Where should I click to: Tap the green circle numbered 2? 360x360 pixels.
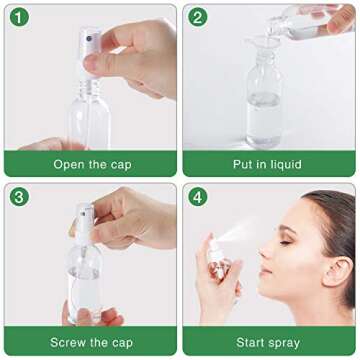click(198, 18)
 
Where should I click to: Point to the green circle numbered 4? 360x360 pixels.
click(198, 197)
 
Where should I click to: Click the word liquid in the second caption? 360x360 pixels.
click(299, 164)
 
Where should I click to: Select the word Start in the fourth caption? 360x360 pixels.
click(245, 343)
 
